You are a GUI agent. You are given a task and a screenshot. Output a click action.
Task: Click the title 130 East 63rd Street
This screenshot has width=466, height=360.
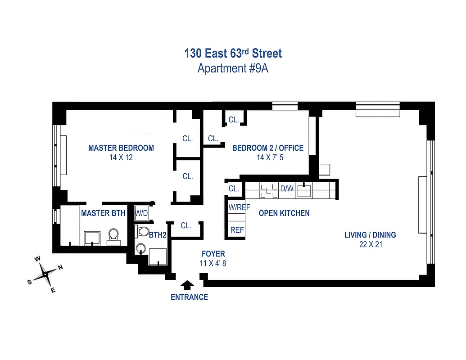click(233, 54)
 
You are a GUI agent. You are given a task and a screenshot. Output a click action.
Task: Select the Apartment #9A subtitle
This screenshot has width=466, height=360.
click(233, 69)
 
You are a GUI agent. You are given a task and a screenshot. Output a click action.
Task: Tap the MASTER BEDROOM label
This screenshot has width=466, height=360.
click(121, 148)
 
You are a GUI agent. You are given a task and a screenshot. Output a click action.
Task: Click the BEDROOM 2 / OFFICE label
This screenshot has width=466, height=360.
click(267, 148)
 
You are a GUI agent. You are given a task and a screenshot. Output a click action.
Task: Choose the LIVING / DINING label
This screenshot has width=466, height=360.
click(370, 235)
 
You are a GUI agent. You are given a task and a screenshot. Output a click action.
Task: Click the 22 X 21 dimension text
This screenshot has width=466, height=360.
click(370, 244)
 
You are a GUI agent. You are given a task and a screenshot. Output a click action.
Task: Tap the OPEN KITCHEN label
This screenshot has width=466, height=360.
click(284, 213)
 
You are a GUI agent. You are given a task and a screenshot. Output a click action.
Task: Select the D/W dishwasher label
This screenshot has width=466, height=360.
click(287, 189)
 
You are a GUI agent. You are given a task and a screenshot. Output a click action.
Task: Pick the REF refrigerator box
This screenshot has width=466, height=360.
click(237, 230)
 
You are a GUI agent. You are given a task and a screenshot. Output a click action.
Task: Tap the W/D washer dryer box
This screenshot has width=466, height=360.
click(142, 213)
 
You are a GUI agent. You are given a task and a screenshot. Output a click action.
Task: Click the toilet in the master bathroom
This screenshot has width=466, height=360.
click(113, 235)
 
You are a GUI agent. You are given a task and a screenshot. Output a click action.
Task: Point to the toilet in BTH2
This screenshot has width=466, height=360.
click(143, 232)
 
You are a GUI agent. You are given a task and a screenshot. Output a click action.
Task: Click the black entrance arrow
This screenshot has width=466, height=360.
click(187, 285)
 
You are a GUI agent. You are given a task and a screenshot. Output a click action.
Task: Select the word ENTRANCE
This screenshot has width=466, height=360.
click(189, 297)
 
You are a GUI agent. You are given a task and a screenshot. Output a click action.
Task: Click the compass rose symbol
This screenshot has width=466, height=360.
click(45, 274)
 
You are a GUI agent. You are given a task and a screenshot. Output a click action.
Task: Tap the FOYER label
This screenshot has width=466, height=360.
click(213, 254)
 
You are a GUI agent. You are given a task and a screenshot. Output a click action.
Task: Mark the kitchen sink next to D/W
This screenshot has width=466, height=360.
click(304, 190)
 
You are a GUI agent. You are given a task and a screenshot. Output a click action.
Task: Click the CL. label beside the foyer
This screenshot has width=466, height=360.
click(186, 226)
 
